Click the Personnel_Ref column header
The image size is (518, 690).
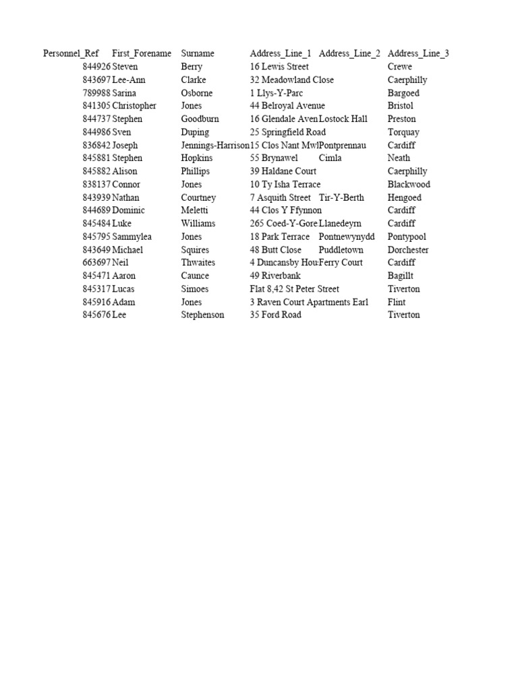[71, 53]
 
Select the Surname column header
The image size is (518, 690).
[198, 53]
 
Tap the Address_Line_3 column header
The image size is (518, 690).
[418, 53]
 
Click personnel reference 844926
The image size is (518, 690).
[96, 67]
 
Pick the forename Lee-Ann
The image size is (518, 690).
[129, 80]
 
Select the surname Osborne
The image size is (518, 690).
[197, 93]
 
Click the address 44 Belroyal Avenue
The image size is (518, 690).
[287, 106]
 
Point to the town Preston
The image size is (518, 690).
[402, 119]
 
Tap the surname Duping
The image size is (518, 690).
[195, 132]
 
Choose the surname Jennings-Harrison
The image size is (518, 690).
[215, 145]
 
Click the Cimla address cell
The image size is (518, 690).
[330, 158]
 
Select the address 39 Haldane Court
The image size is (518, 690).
[283, 171]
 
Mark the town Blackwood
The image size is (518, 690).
[409, 184]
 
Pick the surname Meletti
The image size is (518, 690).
[195, 210]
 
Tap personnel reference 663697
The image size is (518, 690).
[96, 262]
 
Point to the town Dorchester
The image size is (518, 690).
[408, 249]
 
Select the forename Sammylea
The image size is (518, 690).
[134, 237]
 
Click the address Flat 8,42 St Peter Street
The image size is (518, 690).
[295, 289]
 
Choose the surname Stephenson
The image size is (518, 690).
[203, 315]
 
